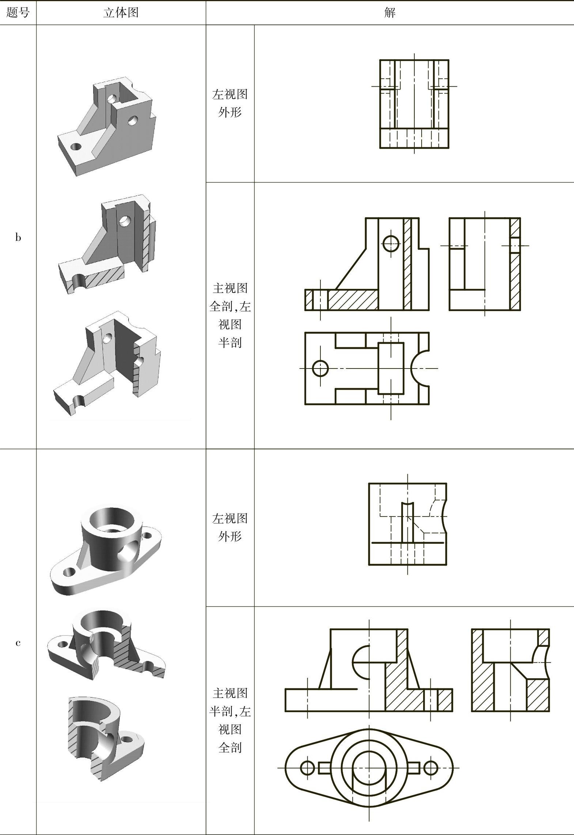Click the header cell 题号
coord(18,13)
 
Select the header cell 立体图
coord(121,13)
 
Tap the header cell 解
coord(390,13)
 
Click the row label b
coord(18,238)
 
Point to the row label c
coord(18,643)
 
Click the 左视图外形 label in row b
coord(230,103)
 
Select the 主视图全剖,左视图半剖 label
coord(230,315)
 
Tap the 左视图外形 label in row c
coord(230,527)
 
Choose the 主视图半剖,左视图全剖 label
coord(230,720)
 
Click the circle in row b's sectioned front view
coord(391,243)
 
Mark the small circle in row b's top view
coord(320,368)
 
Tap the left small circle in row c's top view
coord(307,768)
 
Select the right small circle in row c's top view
coord(431,768)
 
